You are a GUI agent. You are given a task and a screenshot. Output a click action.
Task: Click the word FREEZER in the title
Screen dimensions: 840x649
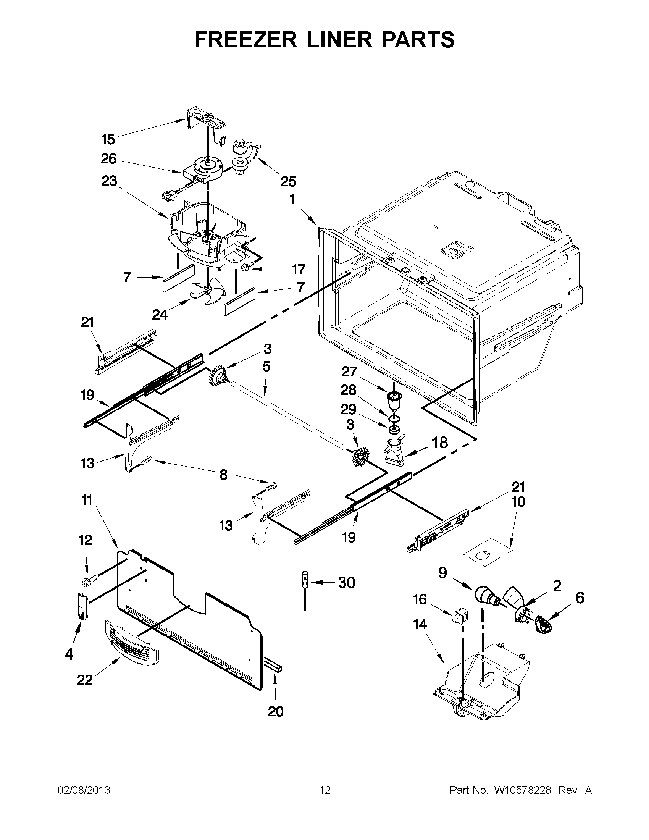246,39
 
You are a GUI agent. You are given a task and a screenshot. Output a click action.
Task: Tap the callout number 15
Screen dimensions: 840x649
108,139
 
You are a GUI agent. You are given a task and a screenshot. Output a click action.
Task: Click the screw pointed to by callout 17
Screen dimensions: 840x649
245,267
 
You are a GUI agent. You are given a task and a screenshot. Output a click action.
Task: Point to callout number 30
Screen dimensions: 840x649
346,583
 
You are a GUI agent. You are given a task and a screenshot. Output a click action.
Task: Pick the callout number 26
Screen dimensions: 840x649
108,159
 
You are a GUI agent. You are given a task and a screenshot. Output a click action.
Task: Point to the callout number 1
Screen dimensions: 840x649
292,199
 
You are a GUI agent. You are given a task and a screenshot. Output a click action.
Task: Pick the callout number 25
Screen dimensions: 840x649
288,181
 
